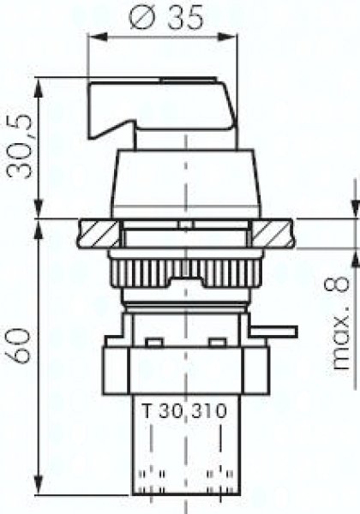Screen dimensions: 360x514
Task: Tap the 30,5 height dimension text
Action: [21, 146]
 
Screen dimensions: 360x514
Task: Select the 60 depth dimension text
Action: [21, 346]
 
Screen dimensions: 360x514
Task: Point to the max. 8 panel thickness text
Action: [341, 323]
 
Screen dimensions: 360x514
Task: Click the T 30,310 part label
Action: [184, 410]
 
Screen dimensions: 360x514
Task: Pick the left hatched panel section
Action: [99, 233]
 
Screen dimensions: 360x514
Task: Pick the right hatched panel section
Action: [273, 233]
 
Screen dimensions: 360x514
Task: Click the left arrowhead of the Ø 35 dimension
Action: [98, 37]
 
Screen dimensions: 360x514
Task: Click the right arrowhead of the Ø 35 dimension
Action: [227, 37]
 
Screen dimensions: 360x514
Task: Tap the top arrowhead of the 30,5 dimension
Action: [39, 87]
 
